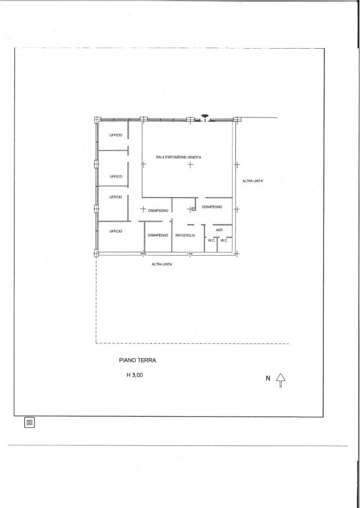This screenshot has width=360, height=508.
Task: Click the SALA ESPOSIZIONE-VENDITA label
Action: click(x=178, y=157)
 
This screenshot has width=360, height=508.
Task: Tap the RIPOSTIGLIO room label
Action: click(x=185, y=236)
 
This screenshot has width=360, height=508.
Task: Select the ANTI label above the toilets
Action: click(x=219, y=230)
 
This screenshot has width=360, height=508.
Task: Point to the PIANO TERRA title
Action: click(x=137, y=360)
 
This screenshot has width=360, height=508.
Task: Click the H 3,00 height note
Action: click(x=135, y=375)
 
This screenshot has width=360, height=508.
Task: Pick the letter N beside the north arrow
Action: click(x=268, y=378)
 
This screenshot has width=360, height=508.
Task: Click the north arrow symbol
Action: click(x=281, y=380)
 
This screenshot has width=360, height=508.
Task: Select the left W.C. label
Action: click(x=212, y=240)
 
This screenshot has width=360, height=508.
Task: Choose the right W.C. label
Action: click(x=224, y=240)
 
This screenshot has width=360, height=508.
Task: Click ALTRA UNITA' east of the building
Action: click(x=253, y=181)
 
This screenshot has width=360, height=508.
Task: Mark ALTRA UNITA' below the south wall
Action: click(x=162, y=265)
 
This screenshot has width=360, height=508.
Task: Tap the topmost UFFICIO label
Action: click(x=116, y=135)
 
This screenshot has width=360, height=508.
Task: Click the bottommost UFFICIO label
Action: click(x=116, y=231)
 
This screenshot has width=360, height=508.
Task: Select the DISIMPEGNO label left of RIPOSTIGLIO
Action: click(x=158, y=236)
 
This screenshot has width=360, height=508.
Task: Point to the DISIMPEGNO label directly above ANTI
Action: click(x=212, y=207)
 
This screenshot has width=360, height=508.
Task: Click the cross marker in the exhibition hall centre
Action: click(x=191, y=164)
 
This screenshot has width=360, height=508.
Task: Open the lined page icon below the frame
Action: click(x=29, y=422)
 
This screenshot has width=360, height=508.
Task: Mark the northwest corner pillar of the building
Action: click(x=97, y=120)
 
